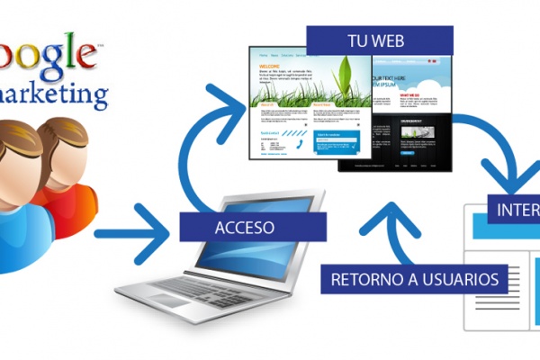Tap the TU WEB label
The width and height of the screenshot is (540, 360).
[379, 40]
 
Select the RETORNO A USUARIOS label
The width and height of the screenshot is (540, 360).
[414, 279]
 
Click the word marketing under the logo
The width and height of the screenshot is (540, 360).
[54, 93]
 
